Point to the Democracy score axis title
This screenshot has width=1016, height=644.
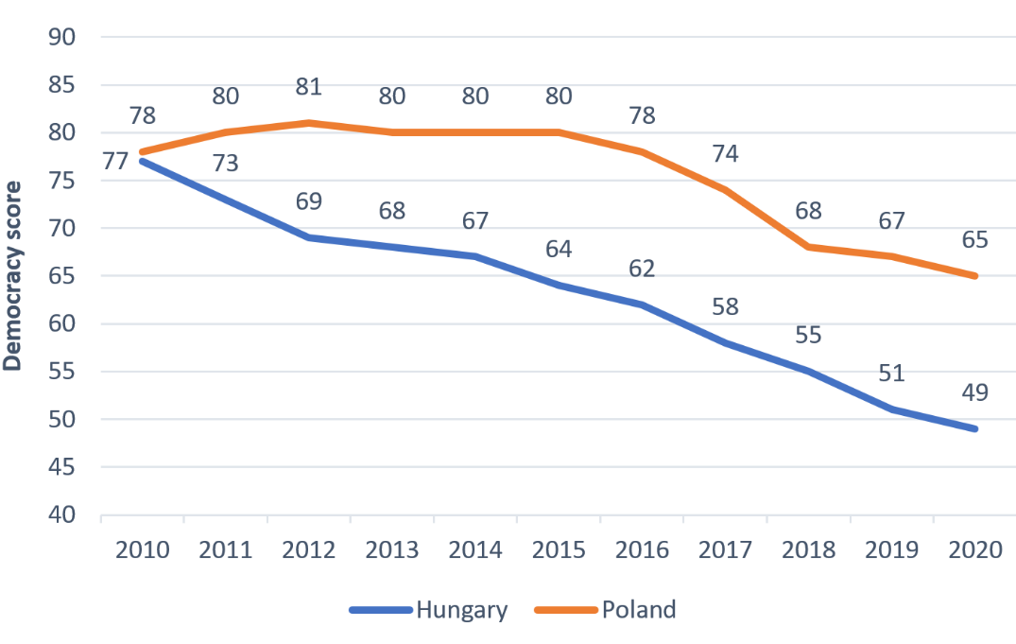tap(13, 276)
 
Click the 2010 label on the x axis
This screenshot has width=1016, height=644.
tap(143, 550)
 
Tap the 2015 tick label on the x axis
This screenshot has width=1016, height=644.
tap(559, 550)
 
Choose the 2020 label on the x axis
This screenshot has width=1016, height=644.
tap(974, 550)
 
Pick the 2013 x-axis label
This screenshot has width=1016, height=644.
tap(392, 550)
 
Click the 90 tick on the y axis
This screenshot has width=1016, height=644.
tap(62, 38)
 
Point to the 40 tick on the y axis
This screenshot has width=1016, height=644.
tap(62, 515)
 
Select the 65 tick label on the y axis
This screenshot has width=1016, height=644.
tap(62, 276)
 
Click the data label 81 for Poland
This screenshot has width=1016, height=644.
tap(309, 87)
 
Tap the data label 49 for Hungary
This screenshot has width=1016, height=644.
tap(974, 392)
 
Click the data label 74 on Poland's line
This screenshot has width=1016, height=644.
tap(725, 153)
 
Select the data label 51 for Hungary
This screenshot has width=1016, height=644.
tap(891, 373)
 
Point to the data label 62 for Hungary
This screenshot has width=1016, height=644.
tap(642, 268)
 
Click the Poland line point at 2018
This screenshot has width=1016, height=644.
tap(808, 247)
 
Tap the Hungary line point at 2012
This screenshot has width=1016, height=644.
tap(309, 237)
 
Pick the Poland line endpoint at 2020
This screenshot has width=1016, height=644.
tap(974, 276)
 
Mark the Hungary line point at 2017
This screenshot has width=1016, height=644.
tap(725, 342)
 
